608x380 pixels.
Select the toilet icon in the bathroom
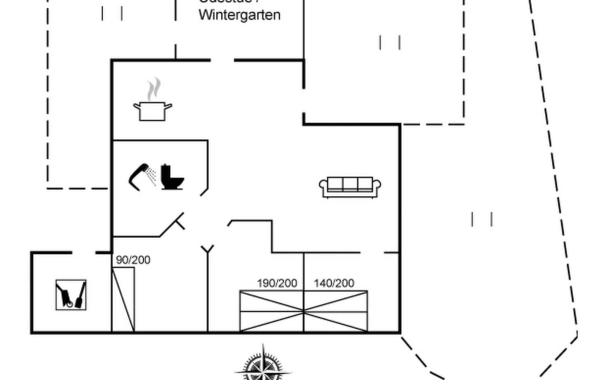pos(172,177)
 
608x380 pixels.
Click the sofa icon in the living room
pos(350,187)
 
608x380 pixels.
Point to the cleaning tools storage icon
pos(71,295)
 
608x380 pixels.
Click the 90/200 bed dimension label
pos(133,260)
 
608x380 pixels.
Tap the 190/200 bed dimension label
pos(277,283)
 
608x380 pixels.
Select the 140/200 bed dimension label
pos(334,283)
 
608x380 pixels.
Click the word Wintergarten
pos(240,15)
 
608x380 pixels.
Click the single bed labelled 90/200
pos(123,299)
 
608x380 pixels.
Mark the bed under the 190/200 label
pos(271,311)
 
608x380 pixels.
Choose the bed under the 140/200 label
pos(336,311)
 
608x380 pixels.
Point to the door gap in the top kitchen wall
pos(222,60)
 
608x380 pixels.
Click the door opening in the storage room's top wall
pos(84,252)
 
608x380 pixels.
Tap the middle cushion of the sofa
pos(350,183)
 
